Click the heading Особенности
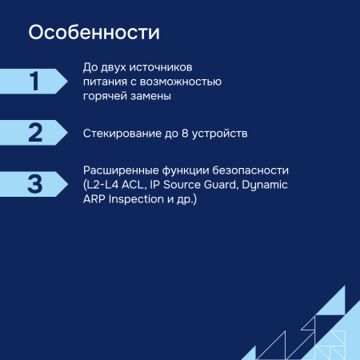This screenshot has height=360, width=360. click(x=94, y=34)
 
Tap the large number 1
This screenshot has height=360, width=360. click(x=34, y=82)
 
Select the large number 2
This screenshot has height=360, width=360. click(x=34, y=132)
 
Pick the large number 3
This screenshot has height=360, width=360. click(x=34, y=183)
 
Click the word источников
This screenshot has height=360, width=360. click(x=170, y=67)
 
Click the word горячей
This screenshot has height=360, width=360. click(x=106, y=96)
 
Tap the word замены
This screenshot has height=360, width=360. click(x=153, y=96)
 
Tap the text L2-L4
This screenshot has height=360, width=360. click(x=102, y=185)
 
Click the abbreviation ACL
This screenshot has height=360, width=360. click(x=135, y=185)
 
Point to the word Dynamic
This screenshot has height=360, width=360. click(x=264, y=185)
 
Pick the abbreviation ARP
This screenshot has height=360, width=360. click(x=94, y=198)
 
